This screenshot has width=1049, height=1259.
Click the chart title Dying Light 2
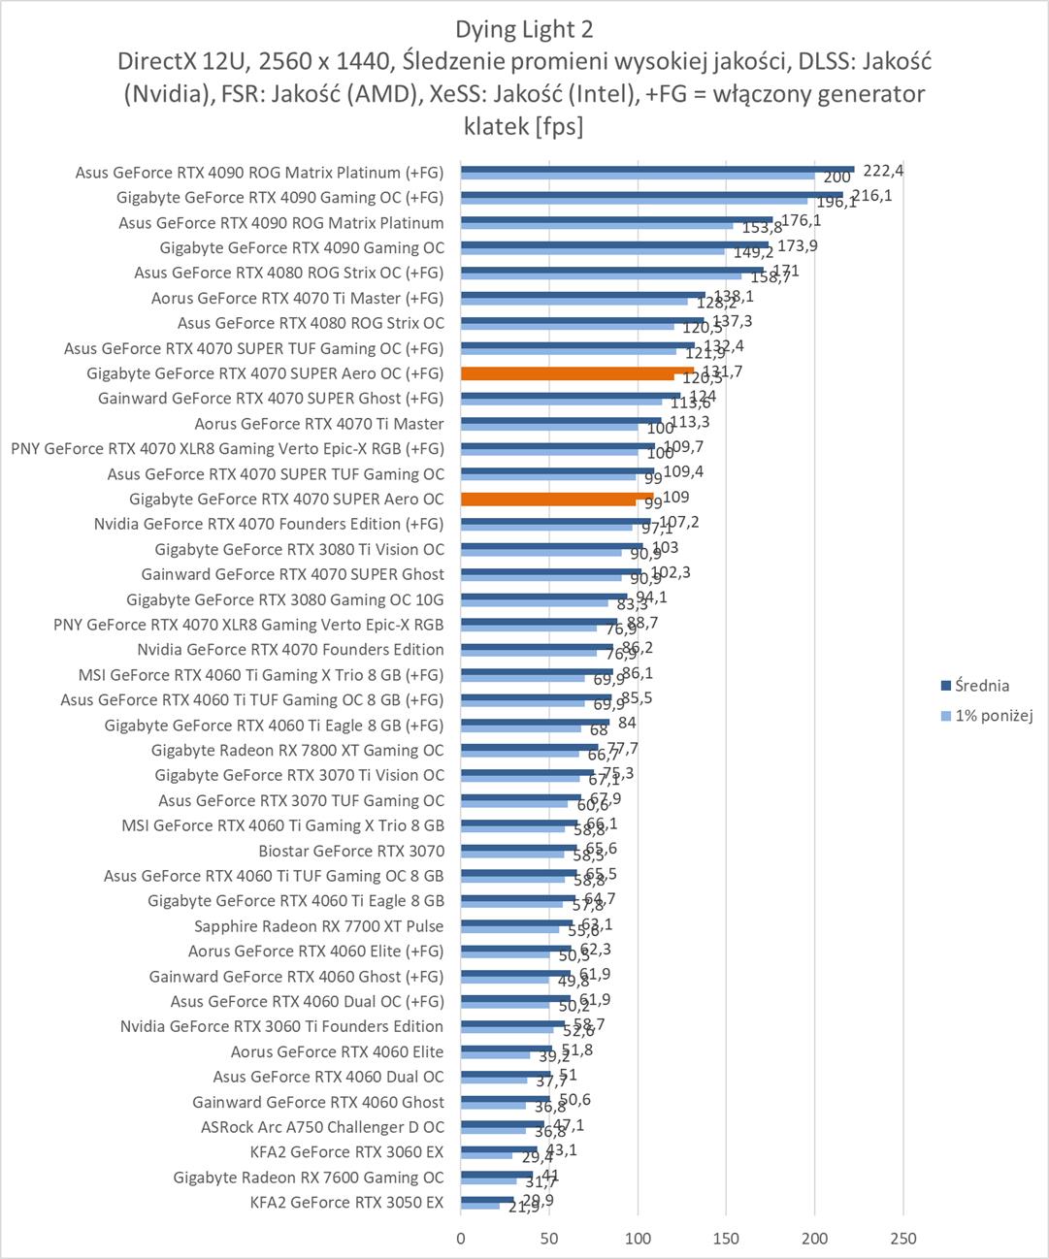click(x=524, y=28)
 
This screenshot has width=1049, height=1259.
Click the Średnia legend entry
click(x=981, y=686)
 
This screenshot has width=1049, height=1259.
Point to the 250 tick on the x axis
click(x=903, y=1239)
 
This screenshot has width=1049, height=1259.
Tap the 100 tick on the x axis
click(x=638, y=1239)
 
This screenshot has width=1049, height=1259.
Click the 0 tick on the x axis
click(x=461, y=1239)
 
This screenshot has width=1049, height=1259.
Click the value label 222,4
click(x=883, y=171)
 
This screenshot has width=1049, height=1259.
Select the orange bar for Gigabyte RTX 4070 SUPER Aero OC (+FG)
click(x=577, y=371)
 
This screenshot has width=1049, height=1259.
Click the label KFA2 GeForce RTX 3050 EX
click(x=346, y=1203)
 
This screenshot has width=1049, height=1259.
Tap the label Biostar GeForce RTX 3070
click(x=351, y=851)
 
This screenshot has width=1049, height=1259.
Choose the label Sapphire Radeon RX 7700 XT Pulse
click(x=318, y=926)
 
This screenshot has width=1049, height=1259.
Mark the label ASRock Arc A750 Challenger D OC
click(x=322, y=1127)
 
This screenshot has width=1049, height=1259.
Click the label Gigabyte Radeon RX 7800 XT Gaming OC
click(x=297, y=750)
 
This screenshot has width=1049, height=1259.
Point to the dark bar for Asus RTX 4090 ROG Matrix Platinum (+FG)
click(x=657, y=169)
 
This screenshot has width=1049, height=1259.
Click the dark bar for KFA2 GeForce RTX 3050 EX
click(x=487, y=1200)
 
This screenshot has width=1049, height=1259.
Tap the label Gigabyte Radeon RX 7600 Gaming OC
click(x=309, y=1178)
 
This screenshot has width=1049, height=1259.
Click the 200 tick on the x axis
click(x=815, y=1239)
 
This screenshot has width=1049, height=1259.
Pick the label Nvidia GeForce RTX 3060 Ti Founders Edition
click(x=281, y=1026)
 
